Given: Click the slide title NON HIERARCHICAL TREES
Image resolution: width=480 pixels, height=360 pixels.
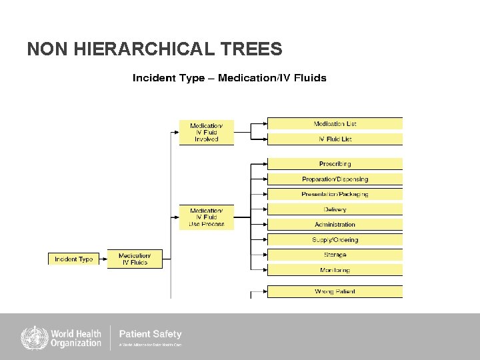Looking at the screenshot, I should tap(154, 49).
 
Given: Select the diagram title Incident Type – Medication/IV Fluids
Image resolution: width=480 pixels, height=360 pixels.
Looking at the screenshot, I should tap(229, 78).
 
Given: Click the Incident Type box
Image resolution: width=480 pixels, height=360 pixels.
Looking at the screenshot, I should tap(73, 259).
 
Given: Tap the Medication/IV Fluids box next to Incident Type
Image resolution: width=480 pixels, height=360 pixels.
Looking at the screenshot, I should tap(135, 259).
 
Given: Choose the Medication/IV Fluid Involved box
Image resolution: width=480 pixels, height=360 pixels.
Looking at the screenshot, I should tap(207, 132).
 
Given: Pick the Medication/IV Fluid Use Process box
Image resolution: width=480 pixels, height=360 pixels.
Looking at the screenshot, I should tap(207, 217).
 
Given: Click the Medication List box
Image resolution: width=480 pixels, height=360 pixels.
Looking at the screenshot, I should tap(335, 123).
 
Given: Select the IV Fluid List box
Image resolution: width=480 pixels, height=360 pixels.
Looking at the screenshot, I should tap(335, 139).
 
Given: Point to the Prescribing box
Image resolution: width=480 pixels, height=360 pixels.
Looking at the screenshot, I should tap(335, 163).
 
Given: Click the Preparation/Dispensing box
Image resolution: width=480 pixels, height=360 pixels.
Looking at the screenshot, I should tap(335, 179).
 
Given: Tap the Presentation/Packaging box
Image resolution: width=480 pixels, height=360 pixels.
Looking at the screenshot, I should tap(335, 194).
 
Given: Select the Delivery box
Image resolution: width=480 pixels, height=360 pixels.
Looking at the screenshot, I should tap(335, 209).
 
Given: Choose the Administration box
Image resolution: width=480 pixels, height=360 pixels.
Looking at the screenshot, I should tap(335, 225).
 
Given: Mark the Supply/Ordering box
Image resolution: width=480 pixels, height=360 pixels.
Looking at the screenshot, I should tap(335, 240).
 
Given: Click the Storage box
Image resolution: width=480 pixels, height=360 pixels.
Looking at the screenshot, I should tap(335, 255).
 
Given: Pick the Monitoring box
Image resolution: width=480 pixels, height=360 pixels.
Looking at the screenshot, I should tap(335, 270).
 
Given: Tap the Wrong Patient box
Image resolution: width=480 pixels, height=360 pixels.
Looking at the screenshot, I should tap(335, 291).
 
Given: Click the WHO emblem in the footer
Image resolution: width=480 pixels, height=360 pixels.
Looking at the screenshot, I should tap(33, 337).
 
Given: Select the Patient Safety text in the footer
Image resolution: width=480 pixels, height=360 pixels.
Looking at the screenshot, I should tap(150, 334).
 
